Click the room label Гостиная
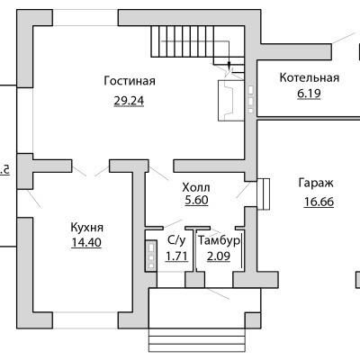coord(130,81)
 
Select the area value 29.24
coord(129,101)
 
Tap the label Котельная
coord(310,77)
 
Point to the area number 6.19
coord(309,94)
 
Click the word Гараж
coord(316,183)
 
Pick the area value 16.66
coord(319,202)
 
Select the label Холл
coord(196,188)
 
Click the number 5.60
coord(196,200)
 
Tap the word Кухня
coord(86,228)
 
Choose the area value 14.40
coord(86,242)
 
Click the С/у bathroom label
coord(176,240)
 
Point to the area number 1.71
coord(176,256)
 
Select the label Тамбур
coord(219,240)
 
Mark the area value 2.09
coord(219,256)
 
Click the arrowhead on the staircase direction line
coord(229,66)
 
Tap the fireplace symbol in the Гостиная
coord(230,101)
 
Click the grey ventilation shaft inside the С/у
coord(151,256)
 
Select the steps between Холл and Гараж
coord(264,194)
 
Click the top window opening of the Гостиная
coord(85,18)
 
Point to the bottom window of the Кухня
coord(85,320)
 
